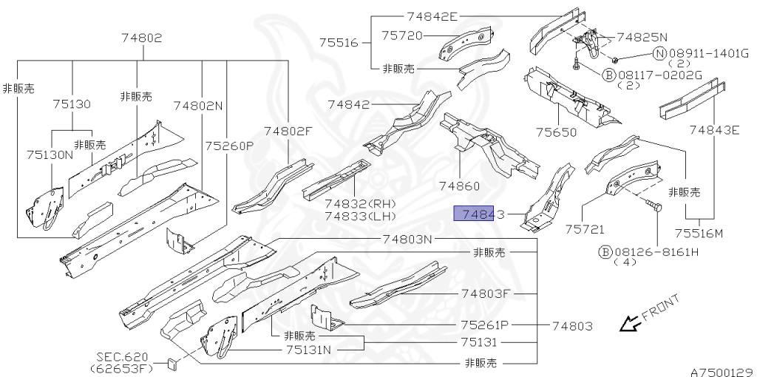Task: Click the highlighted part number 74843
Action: (x=478, y=215)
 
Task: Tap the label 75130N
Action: (x=50, y=154)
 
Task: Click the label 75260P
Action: (x=229, y=146)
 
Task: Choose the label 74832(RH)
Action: (x=360, y=204)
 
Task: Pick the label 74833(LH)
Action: (x=360, y=216)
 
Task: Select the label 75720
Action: (x=401, y=35)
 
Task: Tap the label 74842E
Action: (x=432, y=16)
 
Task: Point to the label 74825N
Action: (x=642, y=36)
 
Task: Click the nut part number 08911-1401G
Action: (x=704, y=54)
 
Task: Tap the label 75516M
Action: (x=698, y=234)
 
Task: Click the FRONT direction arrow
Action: (x=629, y=323)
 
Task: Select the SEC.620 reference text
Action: (x=120, y=356)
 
